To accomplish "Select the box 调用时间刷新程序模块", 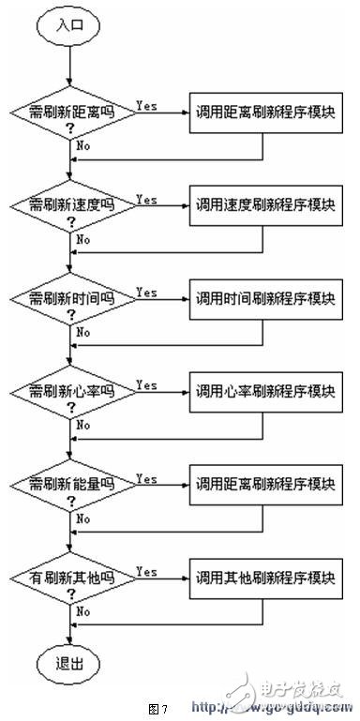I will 262,298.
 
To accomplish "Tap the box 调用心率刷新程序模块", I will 262,390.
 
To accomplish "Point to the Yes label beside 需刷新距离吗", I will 146,105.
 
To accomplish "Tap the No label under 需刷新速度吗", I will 83,239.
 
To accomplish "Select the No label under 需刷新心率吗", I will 83,425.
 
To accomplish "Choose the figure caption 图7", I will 158,706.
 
